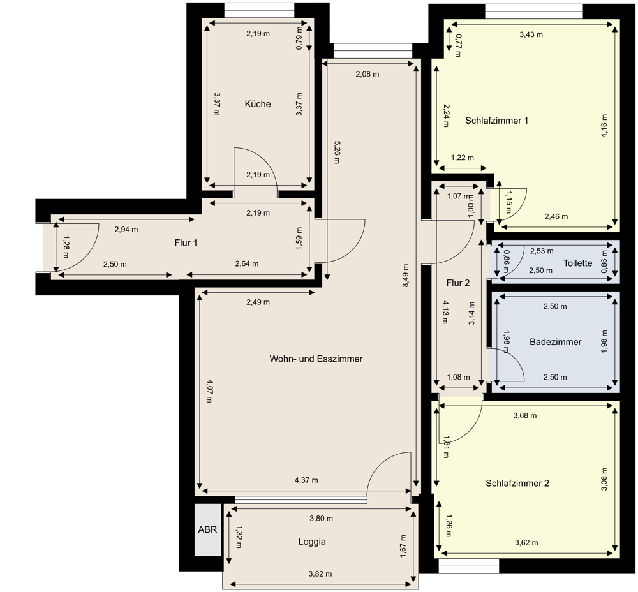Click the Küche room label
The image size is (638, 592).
click(x=258, y=104)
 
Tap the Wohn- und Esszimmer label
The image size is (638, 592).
click(x=316, y=359)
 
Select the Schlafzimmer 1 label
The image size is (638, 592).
click(x=496, y=121)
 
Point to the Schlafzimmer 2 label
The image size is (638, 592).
click(x=517, y=484)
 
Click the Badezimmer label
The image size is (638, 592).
click(x=556, y=342)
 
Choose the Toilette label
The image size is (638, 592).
click(x=578, y=263)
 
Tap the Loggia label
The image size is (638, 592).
click(x=312, y=542)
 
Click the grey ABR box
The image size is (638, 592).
click(x=207, y=529)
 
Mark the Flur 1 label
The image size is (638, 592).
click(x=186, y=243)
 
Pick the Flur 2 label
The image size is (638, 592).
click(x=457, y=283)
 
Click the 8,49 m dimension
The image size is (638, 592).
click(x=406, y=276)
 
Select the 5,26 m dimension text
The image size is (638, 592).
click(x=336, y=152)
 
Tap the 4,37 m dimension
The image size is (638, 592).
click(x=306, y=480)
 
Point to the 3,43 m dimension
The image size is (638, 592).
click(x=531, y=34)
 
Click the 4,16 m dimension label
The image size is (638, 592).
click(x=604, y=126)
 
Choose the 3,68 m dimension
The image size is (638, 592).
click(x=525, y=415)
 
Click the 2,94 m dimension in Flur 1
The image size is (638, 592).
click(x=126, y=230)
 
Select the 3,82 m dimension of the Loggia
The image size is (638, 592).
click(x=320, y=573)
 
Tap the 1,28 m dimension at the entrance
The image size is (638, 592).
click(x=66, y=247)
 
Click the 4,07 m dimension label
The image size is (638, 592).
click(x=209, y=390)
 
